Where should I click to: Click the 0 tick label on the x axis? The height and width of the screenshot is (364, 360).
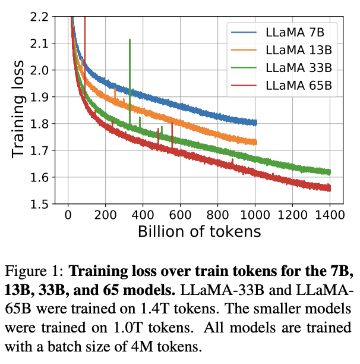click(x=69, y=215)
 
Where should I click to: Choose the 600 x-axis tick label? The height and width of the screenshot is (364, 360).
click(x=181, y=215)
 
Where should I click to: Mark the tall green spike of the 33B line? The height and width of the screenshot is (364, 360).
click(x=130, y=42)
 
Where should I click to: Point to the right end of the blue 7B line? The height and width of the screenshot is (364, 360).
click(x=255, y=123)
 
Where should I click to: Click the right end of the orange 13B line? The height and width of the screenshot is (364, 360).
click(x=255, y=142)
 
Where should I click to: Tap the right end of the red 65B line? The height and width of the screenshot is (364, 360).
click(x=330, y=188)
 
